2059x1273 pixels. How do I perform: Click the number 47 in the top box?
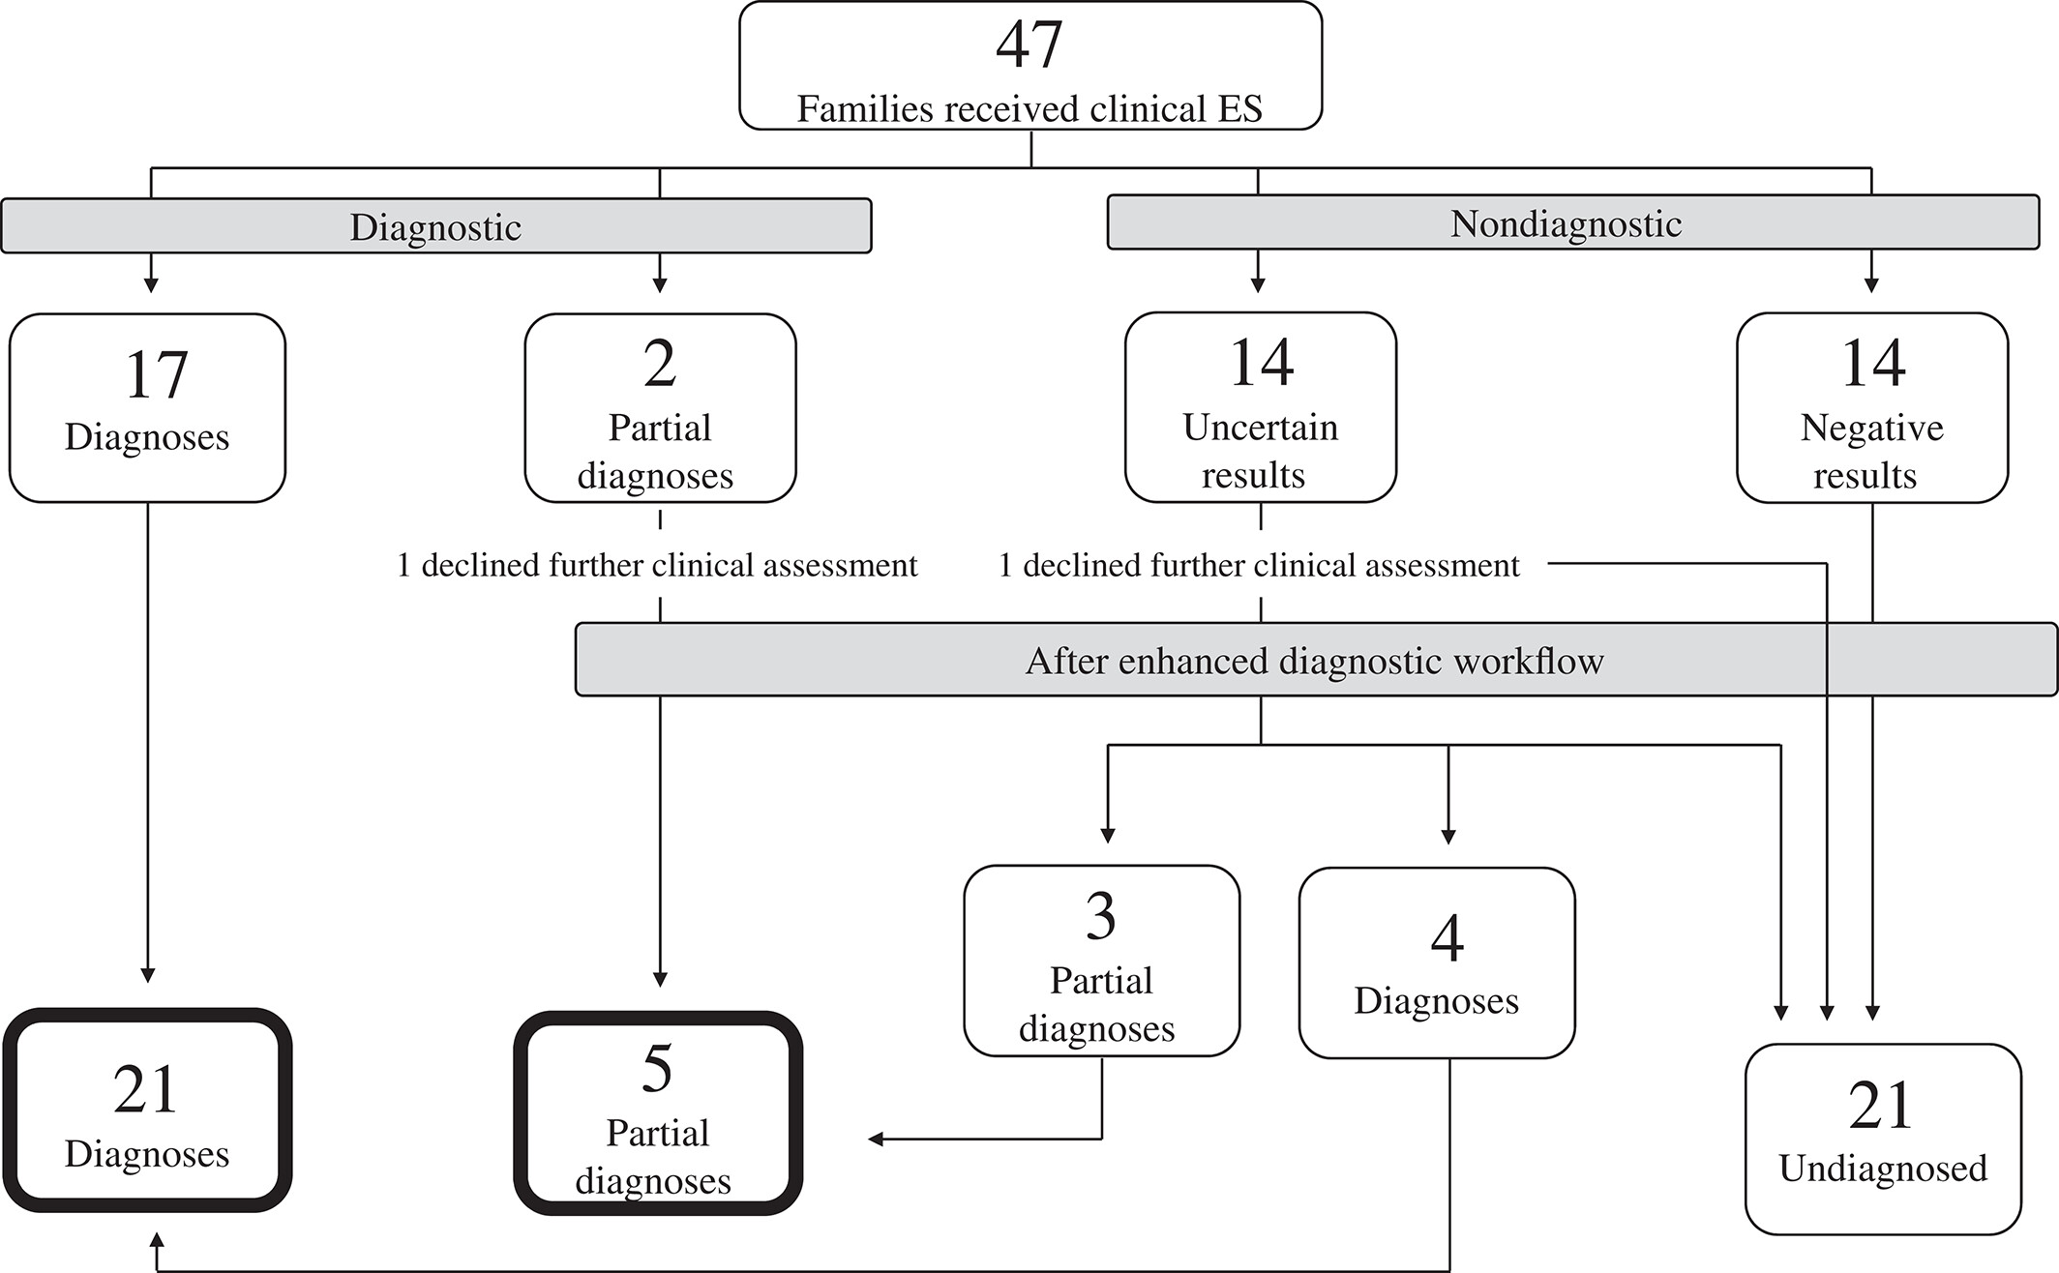click(x=1029, y=44)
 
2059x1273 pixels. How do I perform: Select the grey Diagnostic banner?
click(x=436, y=226)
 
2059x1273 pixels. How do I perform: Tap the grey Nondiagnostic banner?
click(x=1573, y=222)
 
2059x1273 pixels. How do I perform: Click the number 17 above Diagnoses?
click(x=156, y=374)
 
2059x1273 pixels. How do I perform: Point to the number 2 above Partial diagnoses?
click(x=660, y=364)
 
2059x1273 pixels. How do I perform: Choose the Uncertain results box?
click(x=1261, y=407)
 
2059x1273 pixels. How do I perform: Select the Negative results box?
click(x=1872, y=407)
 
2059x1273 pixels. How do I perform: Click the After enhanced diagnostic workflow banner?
click(x=1316, y=660)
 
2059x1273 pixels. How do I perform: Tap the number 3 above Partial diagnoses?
click(x=1101, y=916)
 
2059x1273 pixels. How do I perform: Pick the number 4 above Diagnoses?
click(x=1447, y=938)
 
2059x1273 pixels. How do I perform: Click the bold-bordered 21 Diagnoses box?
click(x=147, y=1110)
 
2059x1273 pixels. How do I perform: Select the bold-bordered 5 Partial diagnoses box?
click(x=658, y=1112)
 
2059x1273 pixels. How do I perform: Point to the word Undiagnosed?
click(x=1883, y=1169)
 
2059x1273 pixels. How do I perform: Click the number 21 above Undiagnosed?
click(x=1881, y=1105)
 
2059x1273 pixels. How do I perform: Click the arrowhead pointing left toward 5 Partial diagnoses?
click(x=876, y=1140)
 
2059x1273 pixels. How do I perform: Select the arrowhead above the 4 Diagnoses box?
click(x=1448, y=837)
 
